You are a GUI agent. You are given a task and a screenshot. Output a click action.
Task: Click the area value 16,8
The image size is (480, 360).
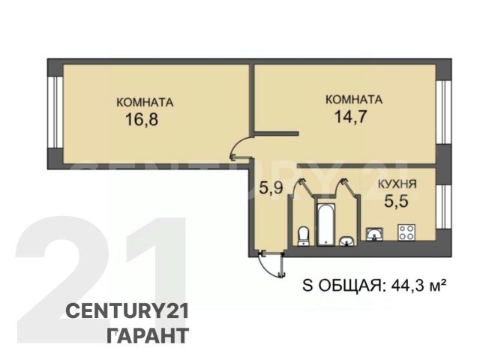click(x=142, y=119)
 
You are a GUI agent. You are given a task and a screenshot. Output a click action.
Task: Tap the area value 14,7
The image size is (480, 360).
click(x=350, y=117)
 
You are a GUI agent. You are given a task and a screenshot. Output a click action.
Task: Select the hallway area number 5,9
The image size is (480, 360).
click(x=271, y=187)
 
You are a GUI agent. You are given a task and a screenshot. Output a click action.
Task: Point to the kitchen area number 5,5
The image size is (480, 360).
click(x=397, y=201)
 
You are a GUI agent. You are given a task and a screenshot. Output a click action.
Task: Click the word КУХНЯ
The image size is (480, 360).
click(x=397, y=184)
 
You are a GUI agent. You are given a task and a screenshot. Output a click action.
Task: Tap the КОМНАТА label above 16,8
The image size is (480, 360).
click(x=145, y=102)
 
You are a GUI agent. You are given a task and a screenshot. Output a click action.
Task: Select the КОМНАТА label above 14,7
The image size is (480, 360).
click(x=354, y=100)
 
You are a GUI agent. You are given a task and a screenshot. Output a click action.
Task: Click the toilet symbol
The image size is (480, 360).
click(x=304, y=236)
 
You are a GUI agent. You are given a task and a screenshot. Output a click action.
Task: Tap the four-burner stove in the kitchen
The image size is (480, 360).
click(x=406, y=232)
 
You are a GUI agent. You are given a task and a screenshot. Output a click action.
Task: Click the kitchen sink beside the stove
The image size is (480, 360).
click(x=374, y=234)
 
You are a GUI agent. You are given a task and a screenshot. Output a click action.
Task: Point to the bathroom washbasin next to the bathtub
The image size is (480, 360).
click(x=346, y=241)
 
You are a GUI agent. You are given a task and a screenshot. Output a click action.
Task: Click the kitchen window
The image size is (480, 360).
click(x=443, y=207)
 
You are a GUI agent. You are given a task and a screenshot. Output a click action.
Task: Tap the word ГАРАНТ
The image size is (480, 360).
click(x=148, y=335)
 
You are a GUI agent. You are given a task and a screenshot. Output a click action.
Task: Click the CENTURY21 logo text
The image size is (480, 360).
click(x=127, y=311)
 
